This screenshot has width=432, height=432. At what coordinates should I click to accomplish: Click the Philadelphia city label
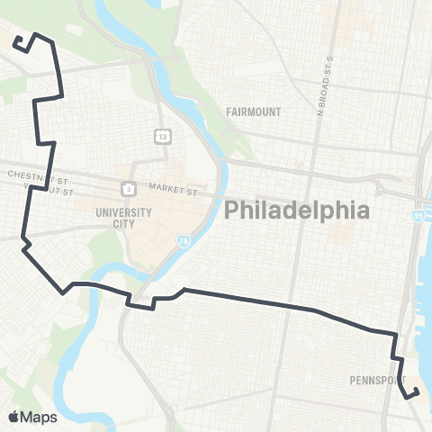[x=296, y=211]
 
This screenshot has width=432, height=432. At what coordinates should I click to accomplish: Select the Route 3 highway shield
[x=130, y=189]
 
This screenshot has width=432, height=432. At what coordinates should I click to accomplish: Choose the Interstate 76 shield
[x=184, y=241]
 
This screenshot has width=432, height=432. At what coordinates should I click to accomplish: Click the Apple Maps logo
[x=32, y=417]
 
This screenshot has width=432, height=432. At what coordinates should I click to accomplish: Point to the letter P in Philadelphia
[x=230, y=211]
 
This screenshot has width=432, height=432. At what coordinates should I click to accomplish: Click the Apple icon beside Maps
[x=13, y=416]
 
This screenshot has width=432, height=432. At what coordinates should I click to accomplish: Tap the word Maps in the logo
[x=39, y=417]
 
